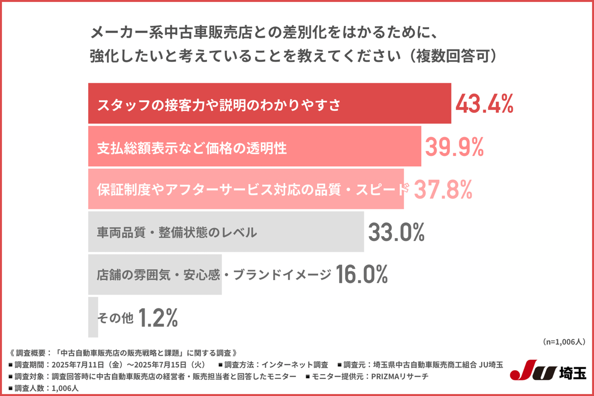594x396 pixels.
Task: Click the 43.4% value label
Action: coord(484,104)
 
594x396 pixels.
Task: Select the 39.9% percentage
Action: coord(454,147)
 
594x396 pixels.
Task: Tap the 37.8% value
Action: coord(443,189)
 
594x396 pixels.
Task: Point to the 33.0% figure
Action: coord(396,232)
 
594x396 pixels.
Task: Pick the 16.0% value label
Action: coord(361,275)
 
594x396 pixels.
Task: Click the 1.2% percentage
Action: coord(158,318)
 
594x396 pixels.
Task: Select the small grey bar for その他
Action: coord(93,317)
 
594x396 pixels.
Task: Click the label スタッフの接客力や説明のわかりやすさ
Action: coord(219,104)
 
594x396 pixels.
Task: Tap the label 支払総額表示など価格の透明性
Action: coord(192,148)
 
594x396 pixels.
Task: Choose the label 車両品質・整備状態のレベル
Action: coord(177,232)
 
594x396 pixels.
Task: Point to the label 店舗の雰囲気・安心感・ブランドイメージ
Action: coord(213,275)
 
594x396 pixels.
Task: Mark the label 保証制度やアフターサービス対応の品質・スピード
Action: coord(252,190)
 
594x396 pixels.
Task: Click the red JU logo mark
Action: coord(534,372)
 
